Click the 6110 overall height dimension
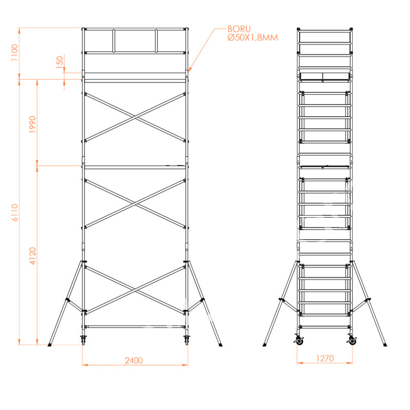[15, 213]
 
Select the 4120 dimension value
[33, 256]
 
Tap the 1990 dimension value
[32, 125]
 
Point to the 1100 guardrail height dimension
[15, 53]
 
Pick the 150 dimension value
[60, 62]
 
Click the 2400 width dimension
[134, 361]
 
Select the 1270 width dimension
[325, 358]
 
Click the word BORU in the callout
[239, 29]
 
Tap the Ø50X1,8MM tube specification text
[253, 37]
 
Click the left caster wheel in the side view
[298, 340]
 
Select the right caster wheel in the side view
[352, 340]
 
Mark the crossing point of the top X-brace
[135, 117]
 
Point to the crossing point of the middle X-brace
[135, 203]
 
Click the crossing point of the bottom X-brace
[135, 290]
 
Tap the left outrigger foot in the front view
[50, 345]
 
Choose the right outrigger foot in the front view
[220, 345]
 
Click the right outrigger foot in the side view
[385, 345]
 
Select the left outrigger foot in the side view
[264, 345]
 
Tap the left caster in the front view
[84, 339]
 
